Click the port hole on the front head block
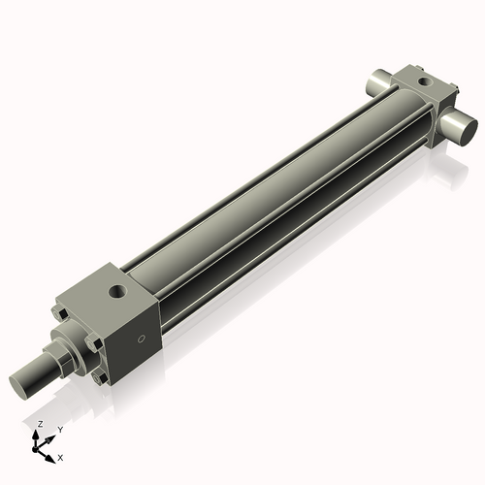117,289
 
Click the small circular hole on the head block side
142,339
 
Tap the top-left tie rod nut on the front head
60,314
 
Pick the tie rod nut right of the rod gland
93,343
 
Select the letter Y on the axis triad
59,429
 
